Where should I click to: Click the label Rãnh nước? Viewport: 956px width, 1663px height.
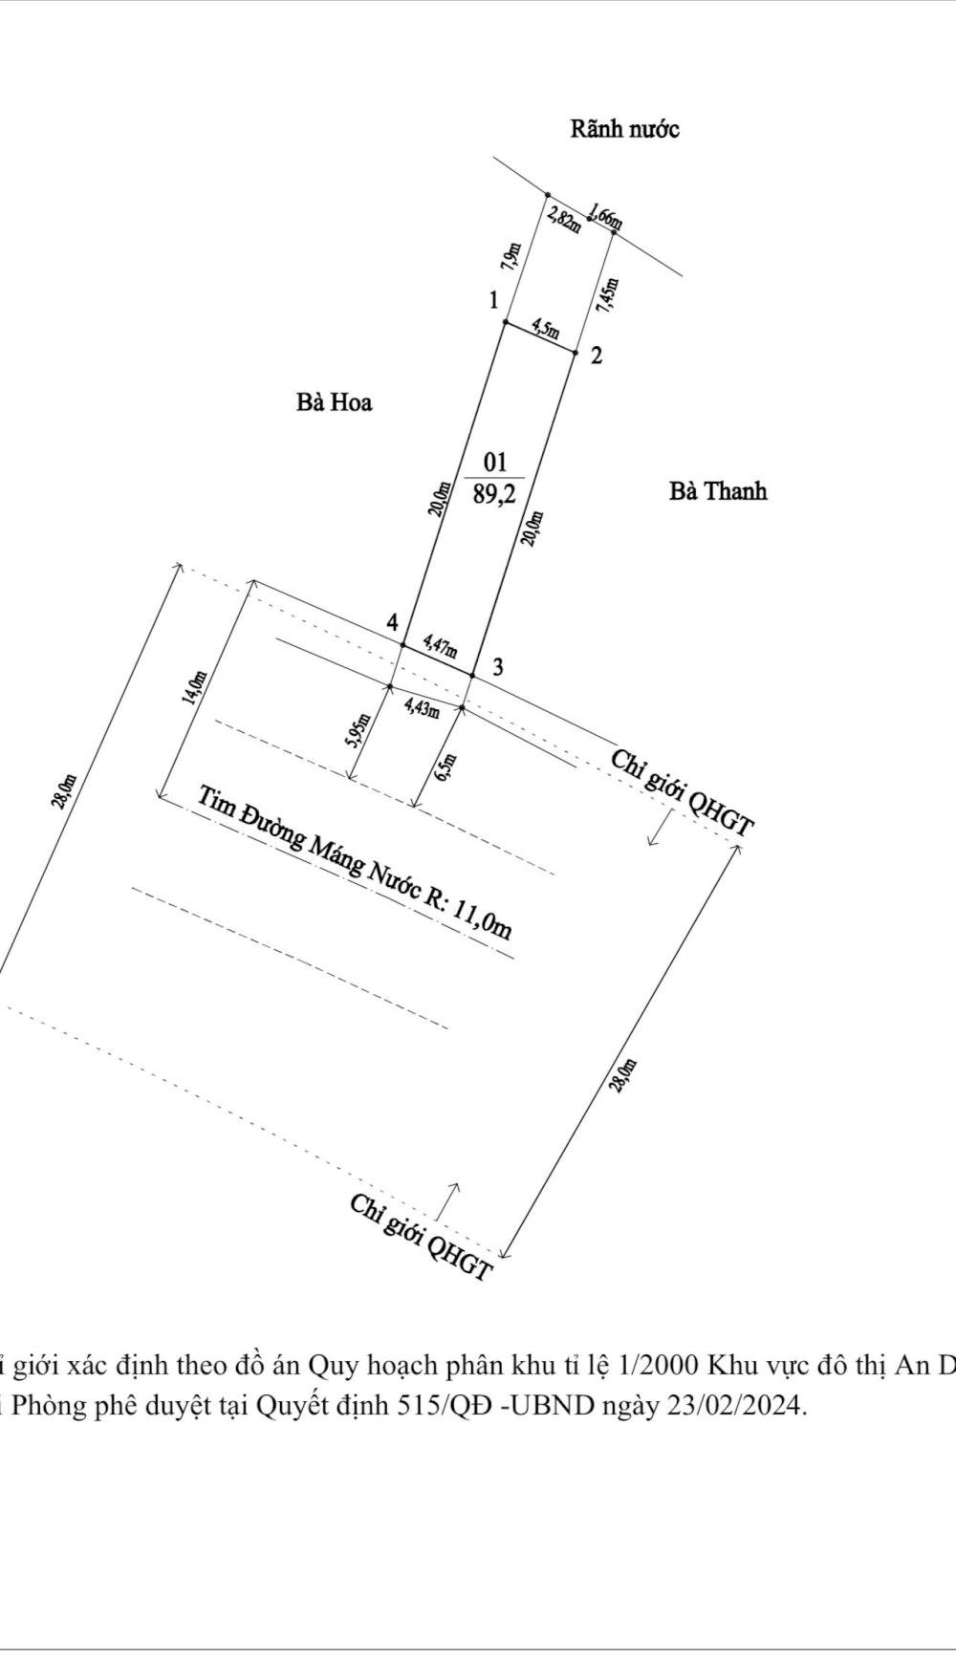pyautogui.click(x=624, y=129)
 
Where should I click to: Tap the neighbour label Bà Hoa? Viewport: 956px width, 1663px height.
pyautogui.click(x=334, y=402)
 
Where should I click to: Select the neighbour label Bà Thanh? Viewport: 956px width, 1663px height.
pyautogui.click(x=718, y=491)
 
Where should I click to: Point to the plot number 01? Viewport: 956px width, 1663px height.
pyautogui.click(x=494, y=464)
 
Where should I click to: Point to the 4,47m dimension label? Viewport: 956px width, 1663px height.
pyautogui.click(x=440, y=649)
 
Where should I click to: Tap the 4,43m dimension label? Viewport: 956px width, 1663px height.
pyautogui.click(x=422, y=707)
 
